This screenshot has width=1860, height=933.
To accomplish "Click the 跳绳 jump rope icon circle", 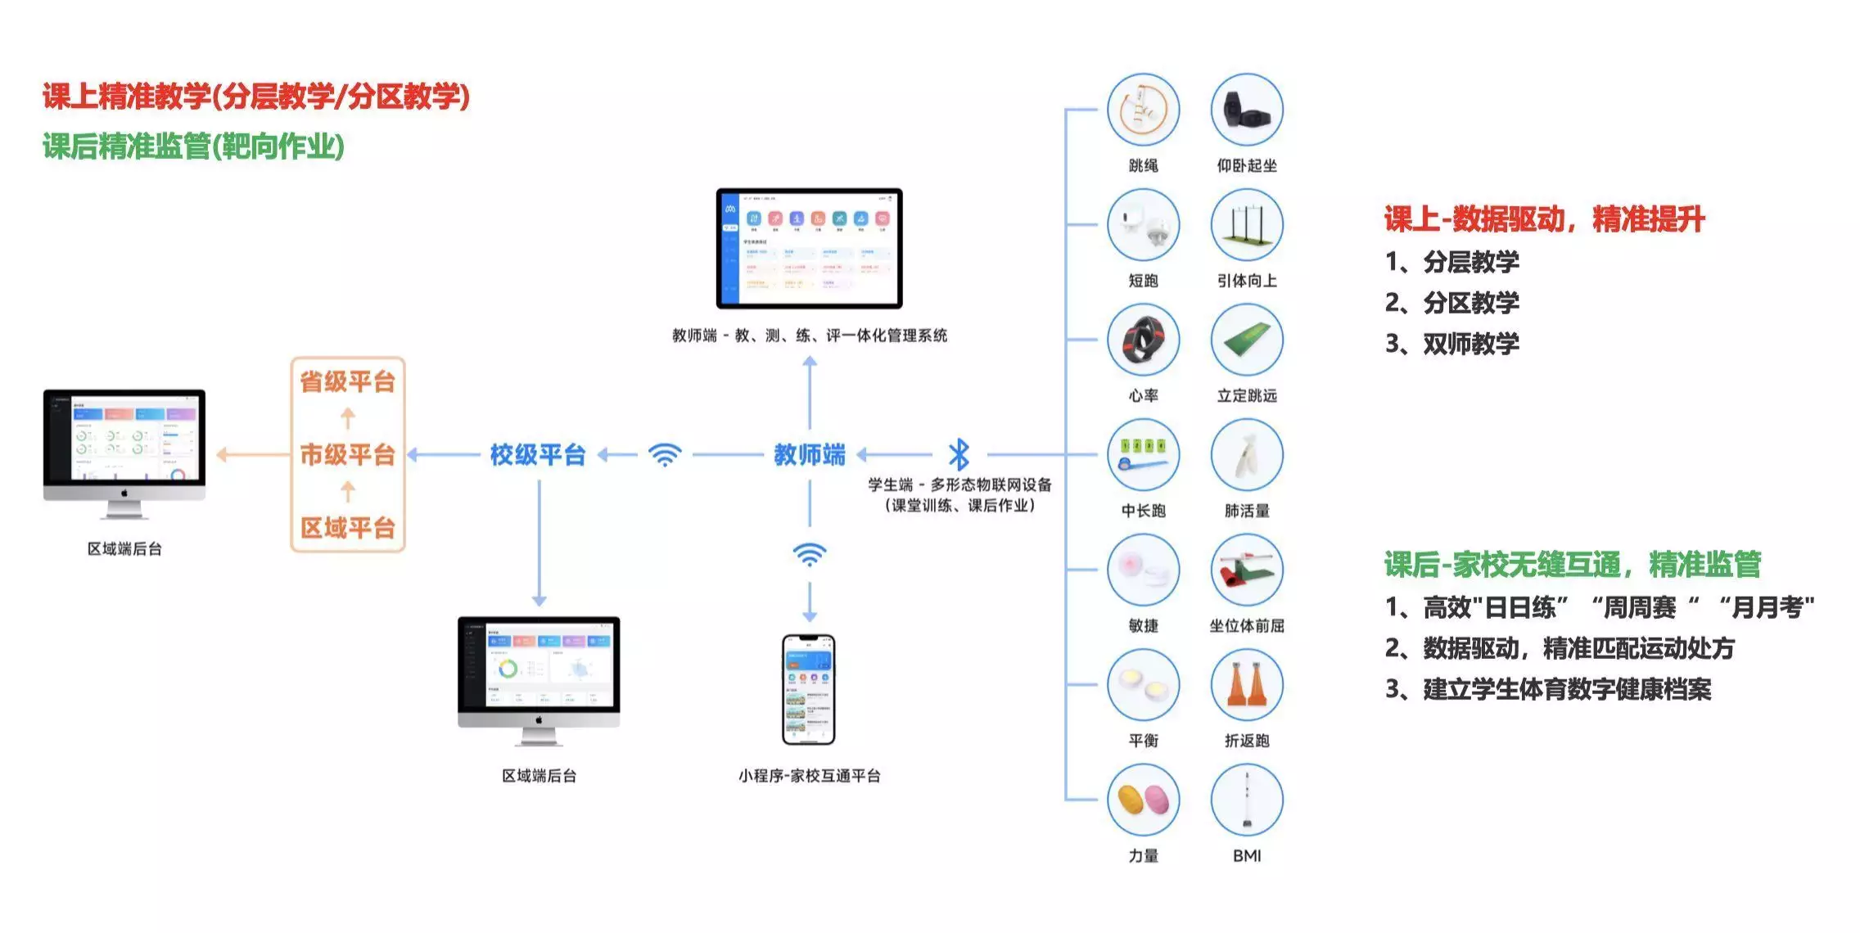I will pyautogui.click(x=1143, y=110).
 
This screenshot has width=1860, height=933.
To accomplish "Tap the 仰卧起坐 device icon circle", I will pyautogui.click(x=1246, y=110).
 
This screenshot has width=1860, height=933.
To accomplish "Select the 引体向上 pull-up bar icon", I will pyautogui.click(x=1246, y=225).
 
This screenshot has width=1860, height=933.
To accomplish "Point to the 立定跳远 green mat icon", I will pyautogui.click(x=1246, y=340).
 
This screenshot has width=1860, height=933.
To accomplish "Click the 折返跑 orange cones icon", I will pyautogui.click(x=1246, y=685).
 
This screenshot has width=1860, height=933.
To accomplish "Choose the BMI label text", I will pyautogui.click(x=1246, y=855).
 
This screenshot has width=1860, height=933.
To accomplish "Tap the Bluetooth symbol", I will pyautogui.click(x=959, y=454).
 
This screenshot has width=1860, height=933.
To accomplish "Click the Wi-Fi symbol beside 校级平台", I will pyautogui.click(x=665, y=454).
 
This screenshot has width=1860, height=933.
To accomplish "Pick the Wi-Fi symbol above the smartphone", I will pyautogui.click(x=809, y=554).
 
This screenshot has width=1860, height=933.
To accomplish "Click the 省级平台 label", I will pyautogui.click(x=348, y=381).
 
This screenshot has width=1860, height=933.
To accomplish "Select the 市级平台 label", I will pyautogui.click(x=348, y=454).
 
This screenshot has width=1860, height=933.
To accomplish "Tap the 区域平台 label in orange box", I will pyautogui.click(x=348, y=528).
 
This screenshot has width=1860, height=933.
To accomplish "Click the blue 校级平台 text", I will pyautogui.click(x=538, y=454).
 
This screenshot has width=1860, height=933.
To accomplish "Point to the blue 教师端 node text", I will pyautogui.click(x=809, y=454).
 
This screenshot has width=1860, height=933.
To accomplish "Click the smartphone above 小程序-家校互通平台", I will pyautogui.click(x=809, y=689).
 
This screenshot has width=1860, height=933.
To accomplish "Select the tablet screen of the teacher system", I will pyautogui.click(x=809, y=248).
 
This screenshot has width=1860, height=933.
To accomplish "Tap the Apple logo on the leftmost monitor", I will pyautogui.click(x=124, y=493).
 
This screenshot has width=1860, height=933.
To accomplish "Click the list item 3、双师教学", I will pyautogui.click(x=1451, y=344).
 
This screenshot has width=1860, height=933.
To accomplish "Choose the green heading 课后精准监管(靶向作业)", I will pyautogui.click(x=193, y=146).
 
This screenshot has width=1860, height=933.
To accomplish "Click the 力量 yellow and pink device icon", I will pyautogui.click(x=1143, y=800).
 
